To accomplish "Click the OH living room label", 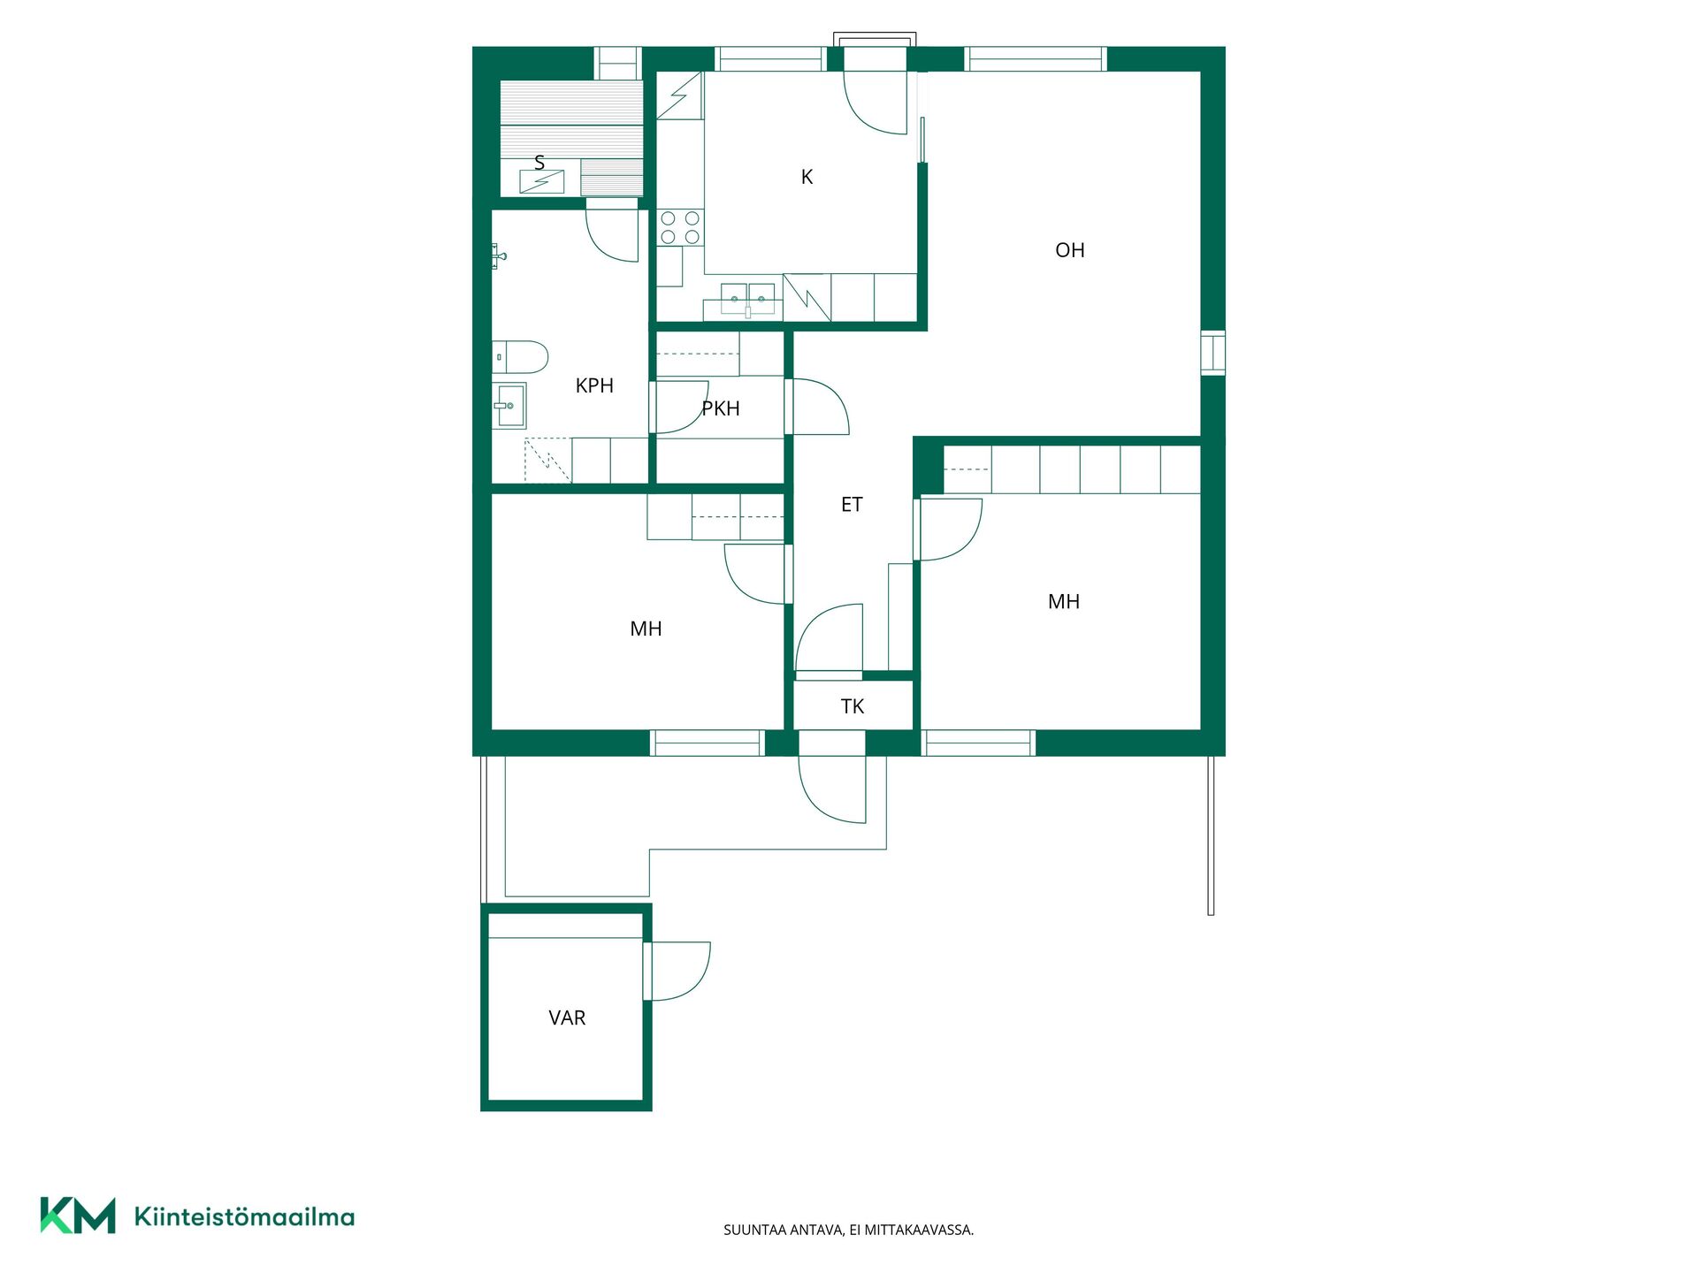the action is [x=1069, y=250].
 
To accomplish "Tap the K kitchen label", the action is [x=807, y=177].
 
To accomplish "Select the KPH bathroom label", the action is [x=594, y=385].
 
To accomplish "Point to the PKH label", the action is [x=721, y=408].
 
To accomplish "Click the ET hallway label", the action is [x=852, y=505].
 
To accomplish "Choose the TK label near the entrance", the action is [x=853, y=706].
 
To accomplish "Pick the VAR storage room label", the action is [x=567, y=1018].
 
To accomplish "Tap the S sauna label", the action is [x=539, y=163].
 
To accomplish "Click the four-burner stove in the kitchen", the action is [x=681, y=227].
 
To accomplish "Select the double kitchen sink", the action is [x=748, y=299].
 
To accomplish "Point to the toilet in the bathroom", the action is [x=520, y=357].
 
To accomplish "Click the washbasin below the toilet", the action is [x=509, y=405].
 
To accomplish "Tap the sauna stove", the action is [x=541, y=181].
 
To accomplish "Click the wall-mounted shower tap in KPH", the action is [x=499, y=256].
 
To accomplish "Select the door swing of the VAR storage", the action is [x=680, y=972].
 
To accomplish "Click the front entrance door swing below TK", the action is [x=831, y=789].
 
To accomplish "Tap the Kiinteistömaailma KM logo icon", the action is [x=78, y=1216].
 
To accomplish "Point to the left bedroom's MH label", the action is [x=646, y=629].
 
